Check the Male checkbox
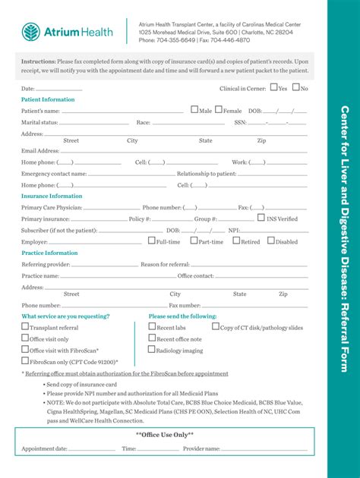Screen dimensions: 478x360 tap(194, 110)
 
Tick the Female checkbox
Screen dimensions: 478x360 tap(219, 110)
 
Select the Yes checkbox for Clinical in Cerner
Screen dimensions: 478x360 tap(274, 88)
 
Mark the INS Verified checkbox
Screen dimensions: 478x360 tap(261, 218)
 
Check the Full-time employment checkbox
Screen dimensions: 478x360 tap(151, 241)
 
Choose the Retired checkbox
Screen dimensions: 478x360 tap(236, 241)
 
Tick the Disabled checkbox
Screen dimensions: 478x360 tap(270, 241)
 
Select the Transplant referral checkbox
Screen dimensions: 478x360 tap(25, 327)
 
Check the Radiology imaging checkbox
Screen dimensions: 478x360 tap(152, 350)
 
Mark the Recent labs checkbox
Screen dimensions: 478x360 tap(152, 327)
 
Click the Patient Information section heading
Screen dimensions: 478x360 tap(48, 99)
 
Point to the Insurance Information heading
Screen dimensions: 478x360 tap(52, 196)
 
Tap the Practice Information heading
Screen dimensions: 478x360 tap(49, 253)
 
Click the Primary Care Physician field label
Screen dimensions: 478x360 tap(52, 207)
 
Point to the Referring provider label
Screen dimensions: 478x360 tap(46, 264)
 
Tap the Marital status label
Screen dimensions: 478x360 tap(39, 122)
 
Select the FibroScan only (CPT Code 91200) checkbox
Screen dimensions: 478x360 tap(25, 362)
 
